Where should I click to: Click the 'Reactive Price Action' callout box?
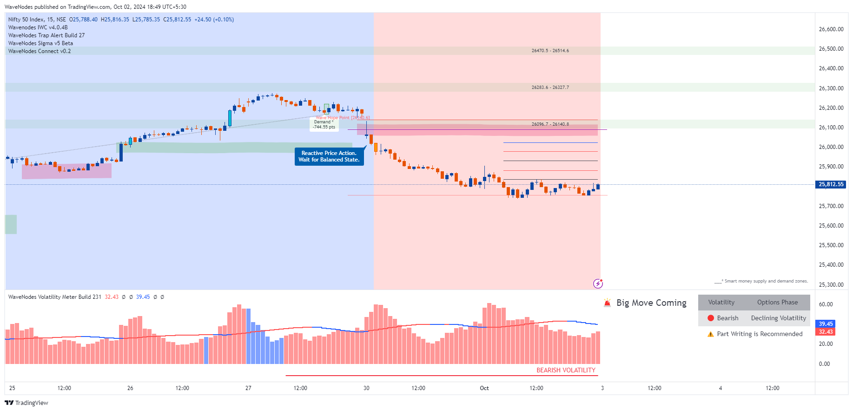329,156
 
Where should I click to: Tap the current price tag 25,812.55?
831,184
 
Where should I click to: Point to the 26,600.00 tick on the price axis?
831,29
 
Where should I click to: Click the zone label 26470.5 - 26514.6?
550,51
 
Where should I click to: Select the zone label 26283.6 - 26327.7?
550,88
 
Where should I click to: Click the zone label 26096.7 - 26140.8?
550,124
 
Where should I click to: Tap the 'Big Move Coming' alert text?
651,303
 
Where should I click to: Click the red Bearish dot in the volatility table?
711,318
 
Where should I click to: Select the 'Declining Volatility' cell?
778,318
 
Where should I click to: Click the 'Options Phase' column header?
777,303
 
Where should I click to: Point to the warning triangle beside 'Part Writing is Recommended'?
710,334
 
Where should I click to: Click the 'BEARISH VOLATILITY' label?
566,371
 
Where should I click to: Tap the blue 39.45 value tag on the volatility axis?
826,324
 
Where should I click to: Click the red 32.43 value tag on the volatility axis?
826,332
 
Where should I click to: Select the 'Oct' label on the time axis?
484,388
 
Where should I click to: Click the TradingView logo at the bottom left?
26,403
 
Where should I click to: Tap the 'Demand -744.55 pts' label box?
324,124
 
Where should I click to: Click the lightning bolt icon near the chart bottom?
598,283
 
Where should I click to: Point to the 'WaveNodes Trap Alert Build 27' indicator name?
46,35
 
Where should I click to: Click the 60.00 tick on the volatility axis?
826,304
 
